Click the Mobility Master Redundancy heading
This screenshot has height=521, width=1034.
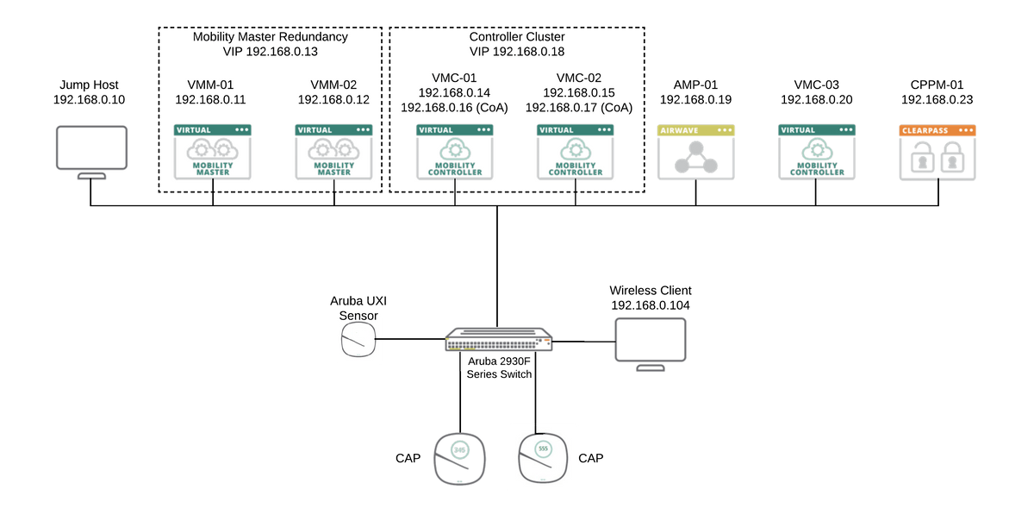tap(271, 37)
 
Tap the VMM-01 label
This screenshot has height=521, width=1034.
tap(210, 85)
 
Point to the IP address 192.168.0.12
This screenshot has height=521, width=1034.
tap(333, 100)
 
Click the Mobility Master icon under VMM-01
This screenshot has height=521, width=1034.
tap(210, 153)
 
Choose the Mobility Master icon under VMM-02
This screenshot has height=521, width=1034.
tap(333, 153)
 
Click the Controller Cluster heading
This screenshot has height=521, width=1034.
tap(518, 37)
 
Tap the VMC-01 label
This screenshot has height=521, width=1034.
tap(454, 77)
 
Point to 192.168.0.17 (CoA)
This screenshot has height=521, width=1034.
tap(578, 108)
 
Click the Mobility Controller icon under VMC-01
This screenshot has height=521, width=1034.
tap(454, 153)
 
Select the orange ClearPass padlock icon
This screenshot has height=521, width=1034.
tap(937, 153)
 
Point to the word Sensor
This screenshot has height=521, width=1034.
tap(358, 315)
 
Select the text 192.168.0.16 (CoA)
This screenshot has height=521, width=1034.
tap(454, 108)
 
